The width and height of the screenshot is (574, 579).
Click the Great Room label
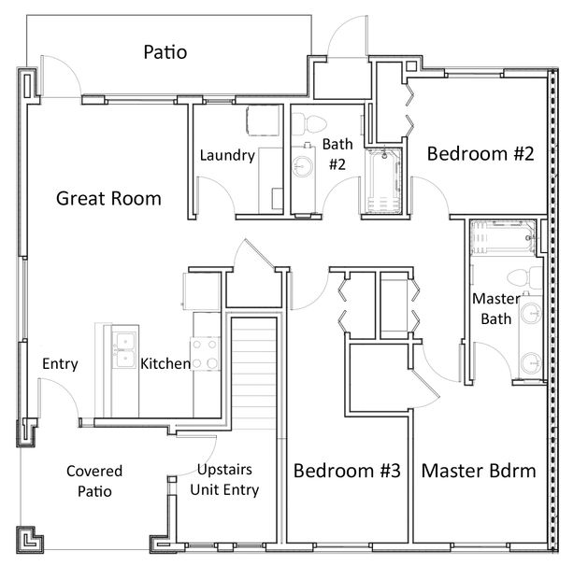108,198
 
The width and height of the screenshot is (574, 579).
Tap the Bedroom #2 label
481,153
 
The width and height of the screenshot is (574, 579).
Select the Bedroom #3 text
347,471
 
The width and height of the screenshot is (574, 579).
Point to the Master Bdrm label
479,471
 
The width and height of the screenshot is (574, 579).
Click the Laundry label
227,155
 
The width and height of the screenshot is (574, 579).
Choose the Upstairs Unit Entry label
224,480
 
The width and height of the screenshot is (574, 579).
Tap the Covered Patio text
94,481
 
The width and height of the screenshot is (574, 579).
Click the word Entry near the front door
60,363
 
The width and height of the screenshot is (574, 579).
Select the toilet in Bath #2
309,124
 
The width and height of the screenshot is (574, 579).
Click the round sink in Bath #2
303,166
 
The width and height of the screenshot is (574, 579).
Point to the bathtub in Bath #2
383,181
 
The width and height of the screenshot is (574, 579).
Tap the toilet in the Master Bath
524,277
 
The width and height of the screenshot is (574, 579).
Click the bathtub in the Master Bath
503,238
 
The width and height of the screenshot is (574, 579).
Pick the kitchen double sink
124,349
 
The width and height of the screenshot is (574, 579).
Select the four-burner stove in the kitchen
205,354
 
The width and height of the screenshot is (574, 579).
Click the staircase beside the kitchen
254,373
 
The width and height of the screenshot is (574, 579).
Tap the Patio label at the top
165,52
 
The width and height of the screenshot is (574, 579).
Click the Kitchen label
165,363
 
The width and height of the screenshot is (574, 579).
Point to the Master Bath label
496,309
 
